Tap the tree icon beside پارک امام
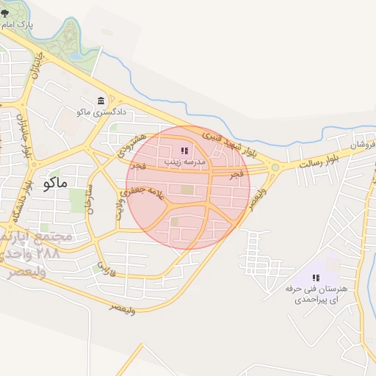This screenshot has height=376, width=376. click(5, 25)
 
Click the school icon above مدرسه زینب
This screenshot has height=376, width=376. click(184, 150)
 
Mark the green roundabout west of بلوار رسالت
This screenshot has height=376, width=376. click(275, 168)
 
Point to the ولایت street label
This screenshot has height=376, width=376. click(118, 211)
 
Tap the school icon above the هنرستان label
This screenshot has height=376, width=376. click(315, 278)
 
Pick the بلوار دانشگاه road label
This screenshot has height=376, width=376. click(22, 201)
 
